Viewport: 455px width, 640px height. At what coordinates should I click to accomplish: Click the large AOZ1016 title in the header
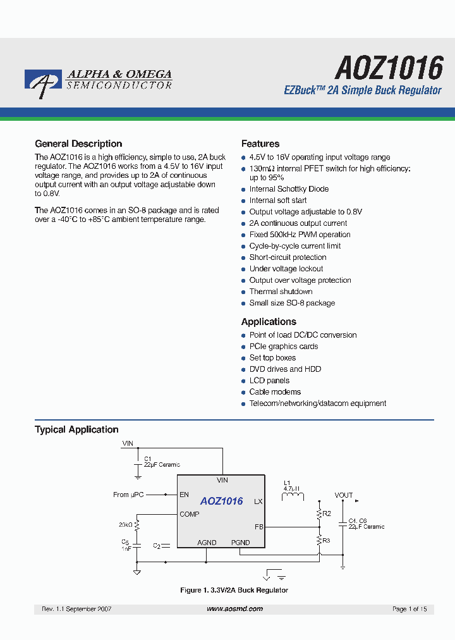pyautogui.click(x=388, y=66)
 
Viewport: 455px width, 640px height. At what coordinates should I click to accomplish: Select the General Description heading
pyautogui.click(x=78, y=144)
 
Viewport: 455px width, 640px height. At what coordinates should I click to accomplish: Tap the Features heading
pyautogui.click(x=260, y=144)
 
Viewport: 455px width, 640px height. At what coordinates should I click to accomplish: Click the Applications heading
pyautogui.click(x=269, y=322)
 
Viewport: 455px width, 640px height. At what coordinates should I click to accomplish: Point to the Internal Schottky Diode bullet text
pyautogui.click(x=289, y=189)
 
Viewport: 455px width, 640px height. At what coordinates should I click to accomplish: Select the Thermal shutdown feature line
pyautogui.click(x=281, y=292)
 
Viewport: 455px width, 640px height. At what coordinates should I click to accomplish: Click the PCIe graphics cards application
pyautogui.click(x=283, y=347)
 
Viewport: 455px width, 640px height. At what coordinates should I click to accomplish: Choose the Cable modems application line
pyautogui.click(x=275, y=392)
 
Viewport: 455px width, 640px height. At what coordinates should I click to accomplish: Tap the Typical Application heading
pyautogui.click(x=76, y=429)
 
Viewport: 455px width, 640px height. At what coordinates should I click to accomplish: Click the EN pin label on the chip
pyautogui.click(x=184, y=495)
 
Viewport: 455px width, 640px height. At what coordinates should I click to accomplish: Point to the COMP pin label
pyautogui.click(x=189, y=514)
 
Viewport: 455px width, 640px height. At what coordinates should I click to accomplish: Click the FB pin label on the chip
pyautogui.click(x=258, y=526)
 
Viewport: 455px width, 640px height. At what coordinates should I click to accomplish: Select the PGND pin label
pyautogui.click(x=240, y=543)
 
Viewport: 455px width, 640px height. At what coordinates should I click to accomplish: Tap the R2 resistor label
pyautogui.click(x=327, y=514)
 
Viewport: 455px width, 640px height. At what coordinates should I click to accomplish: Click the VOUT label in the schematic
pyautogui.click(x=344, y=495)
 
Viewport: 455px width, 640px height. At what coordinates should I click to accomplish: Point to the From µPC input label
pyautogui.click(x=130, y=495)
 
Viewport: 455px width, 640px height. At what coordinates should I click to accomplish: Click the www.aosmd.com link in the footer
pyautogui.click(x=234, y=608)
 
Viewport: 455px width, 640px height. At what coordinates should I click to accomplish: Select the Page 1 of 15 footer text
pyautogui.click(x=409, y=608)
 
